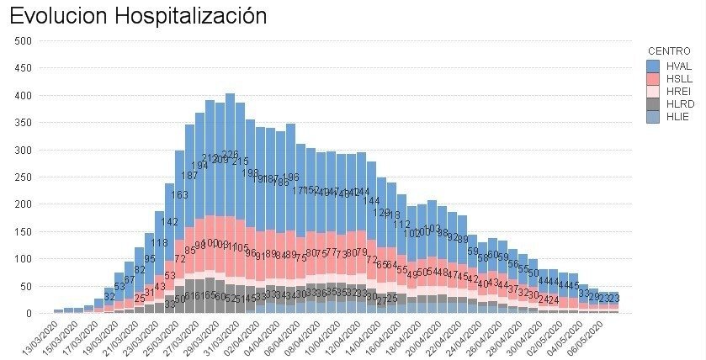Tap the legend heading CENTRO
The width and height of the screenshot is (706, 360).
(670, 51)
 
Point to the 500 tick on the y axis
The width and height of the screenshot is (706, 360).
(24, 40)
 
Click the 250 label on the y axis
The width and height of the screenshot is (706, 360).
(24, 177)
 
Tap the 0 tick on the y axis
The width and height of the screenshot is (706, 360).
(29, 313)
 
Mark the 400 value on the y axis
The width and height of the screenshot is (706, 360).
(24, 95)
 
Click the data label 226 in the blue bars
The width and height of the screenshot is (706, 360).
(230, 155)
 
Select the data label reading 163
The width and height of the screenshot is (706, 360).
(179, 194)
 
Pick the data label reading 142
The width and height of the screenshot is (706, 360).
(170, 222)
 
